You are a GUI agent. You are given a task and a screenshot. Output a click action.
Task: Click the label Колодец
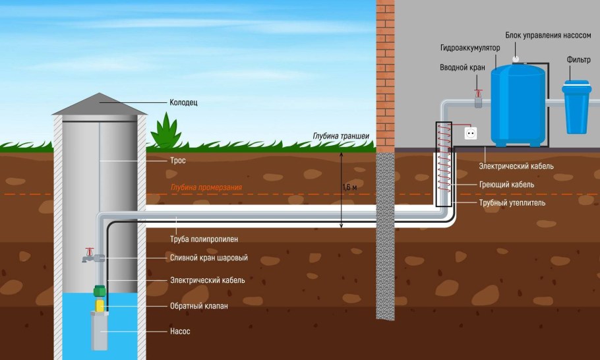click(x=184, y=103)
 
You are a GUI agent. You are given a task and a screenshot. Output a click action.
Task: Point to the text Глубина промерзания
click(x=206, y=188)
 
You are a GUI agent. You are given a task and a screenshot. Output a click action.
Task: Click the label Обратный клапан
click(x=198, y=307)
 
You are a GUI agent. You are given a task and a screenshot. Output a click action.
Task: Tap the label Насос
click(x=180, y=331)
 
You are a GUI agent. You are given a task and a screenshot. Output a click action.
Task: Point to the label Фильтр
click(x=578, y=60)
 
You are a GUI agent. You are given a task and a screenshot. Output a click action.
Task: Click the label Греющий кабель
click(x=506, y=185)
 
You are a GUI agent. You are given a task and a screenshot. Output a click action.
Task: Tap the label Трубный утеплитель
click(x=512, y=203)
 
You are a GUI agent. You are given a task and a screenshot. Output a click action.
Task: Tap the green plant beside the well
click(x=165, y=131)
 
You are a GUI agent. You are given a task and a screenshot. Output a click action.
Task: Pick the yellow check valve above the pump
click(x=100, y=305)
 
